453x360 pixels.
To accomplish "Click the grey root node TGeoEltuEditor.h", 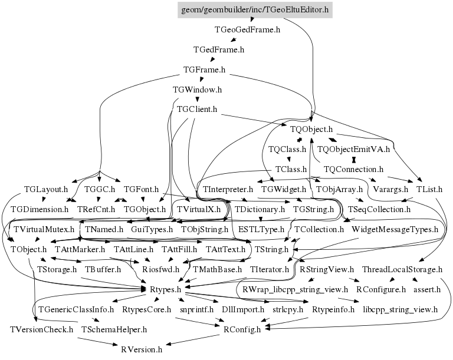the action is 255,10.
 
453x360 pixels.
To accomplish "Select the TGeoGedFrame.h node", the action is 247,29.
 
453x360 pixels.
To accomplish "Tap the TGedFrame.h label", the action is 219,49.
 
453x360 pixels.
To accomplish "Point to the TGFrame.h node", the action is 204,70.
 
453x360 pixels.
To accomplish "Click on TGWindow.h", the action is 198,90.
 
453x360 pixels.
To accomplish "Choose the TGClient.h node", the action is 197,110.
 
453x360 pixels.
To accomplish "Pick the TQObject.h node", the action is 311,130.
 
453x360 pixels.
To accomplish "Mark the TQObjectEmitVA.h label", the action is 354,149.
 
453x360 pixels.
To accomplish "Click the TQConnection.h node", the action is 353,169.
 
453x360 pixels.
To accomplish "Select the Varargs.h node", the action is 390,189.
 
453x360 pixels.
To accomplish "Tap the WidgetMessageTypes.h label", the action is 395,230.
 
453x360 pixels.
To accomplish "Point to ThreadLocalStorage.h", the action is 402,270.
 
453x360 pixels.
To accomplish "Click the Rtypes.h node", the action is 166,289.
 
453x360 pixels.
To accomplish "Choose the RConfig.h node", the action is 242,330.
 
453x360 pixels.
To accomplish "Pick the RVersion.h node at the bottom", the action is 142,349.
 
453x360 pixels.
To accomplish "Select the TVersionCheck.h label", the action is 42,330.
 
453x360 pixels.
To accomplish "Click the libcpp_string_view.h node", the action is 401,310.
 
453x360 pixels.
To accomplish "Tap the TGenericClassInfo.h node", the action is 76,310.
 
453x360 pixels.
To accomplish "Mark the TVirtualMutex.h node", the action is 44,230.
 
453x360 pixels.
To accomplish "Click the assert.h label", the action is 427,289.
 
